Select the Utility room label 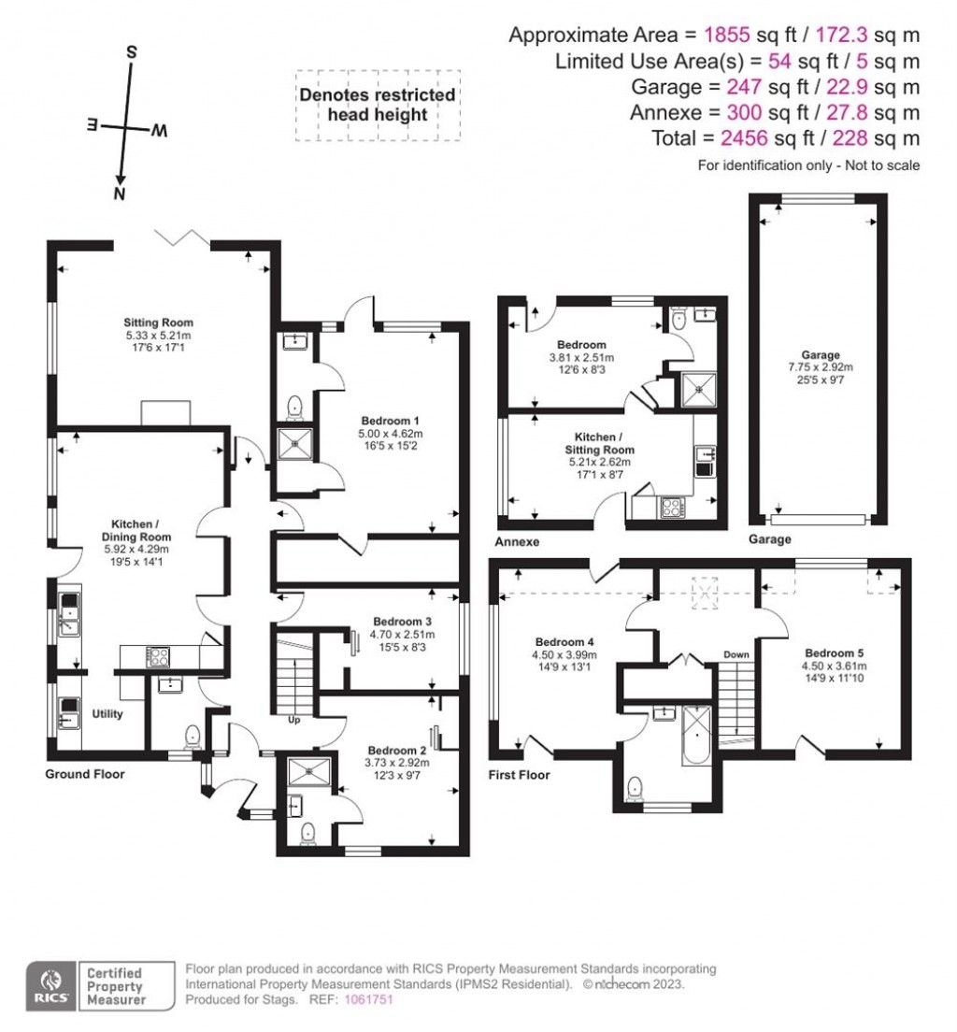(x=107, y=713)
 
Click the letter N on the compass (x=119, y=193)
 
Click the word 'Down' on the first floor (x=736, y=655)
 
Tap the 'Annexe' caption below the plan (x=520, y=541)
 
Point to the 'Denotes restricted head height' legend (x=378, y=105)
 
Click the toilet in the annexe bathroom (x=678, y=321)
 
